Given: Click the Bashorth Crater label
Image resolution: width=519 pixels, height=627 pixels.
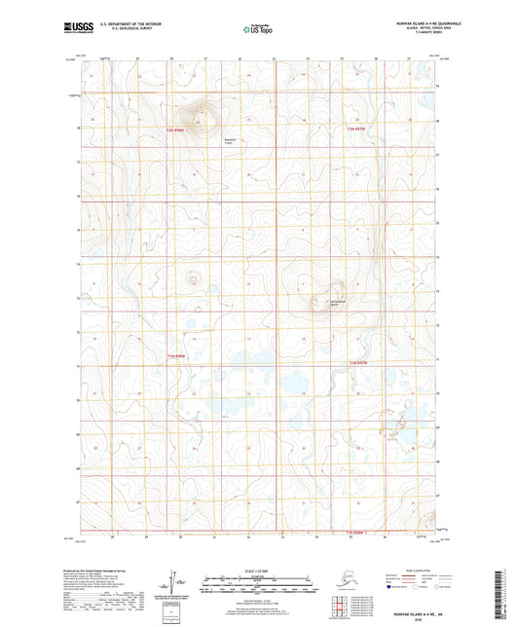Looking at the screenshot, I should pos(204,139).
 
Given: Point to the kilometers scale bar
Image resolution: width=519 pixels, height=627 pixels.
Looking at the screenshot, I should pos(258,575).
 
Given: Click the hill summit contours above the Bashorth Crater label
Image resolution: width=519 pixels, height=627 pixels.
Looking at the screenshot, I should pos(202,116).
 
